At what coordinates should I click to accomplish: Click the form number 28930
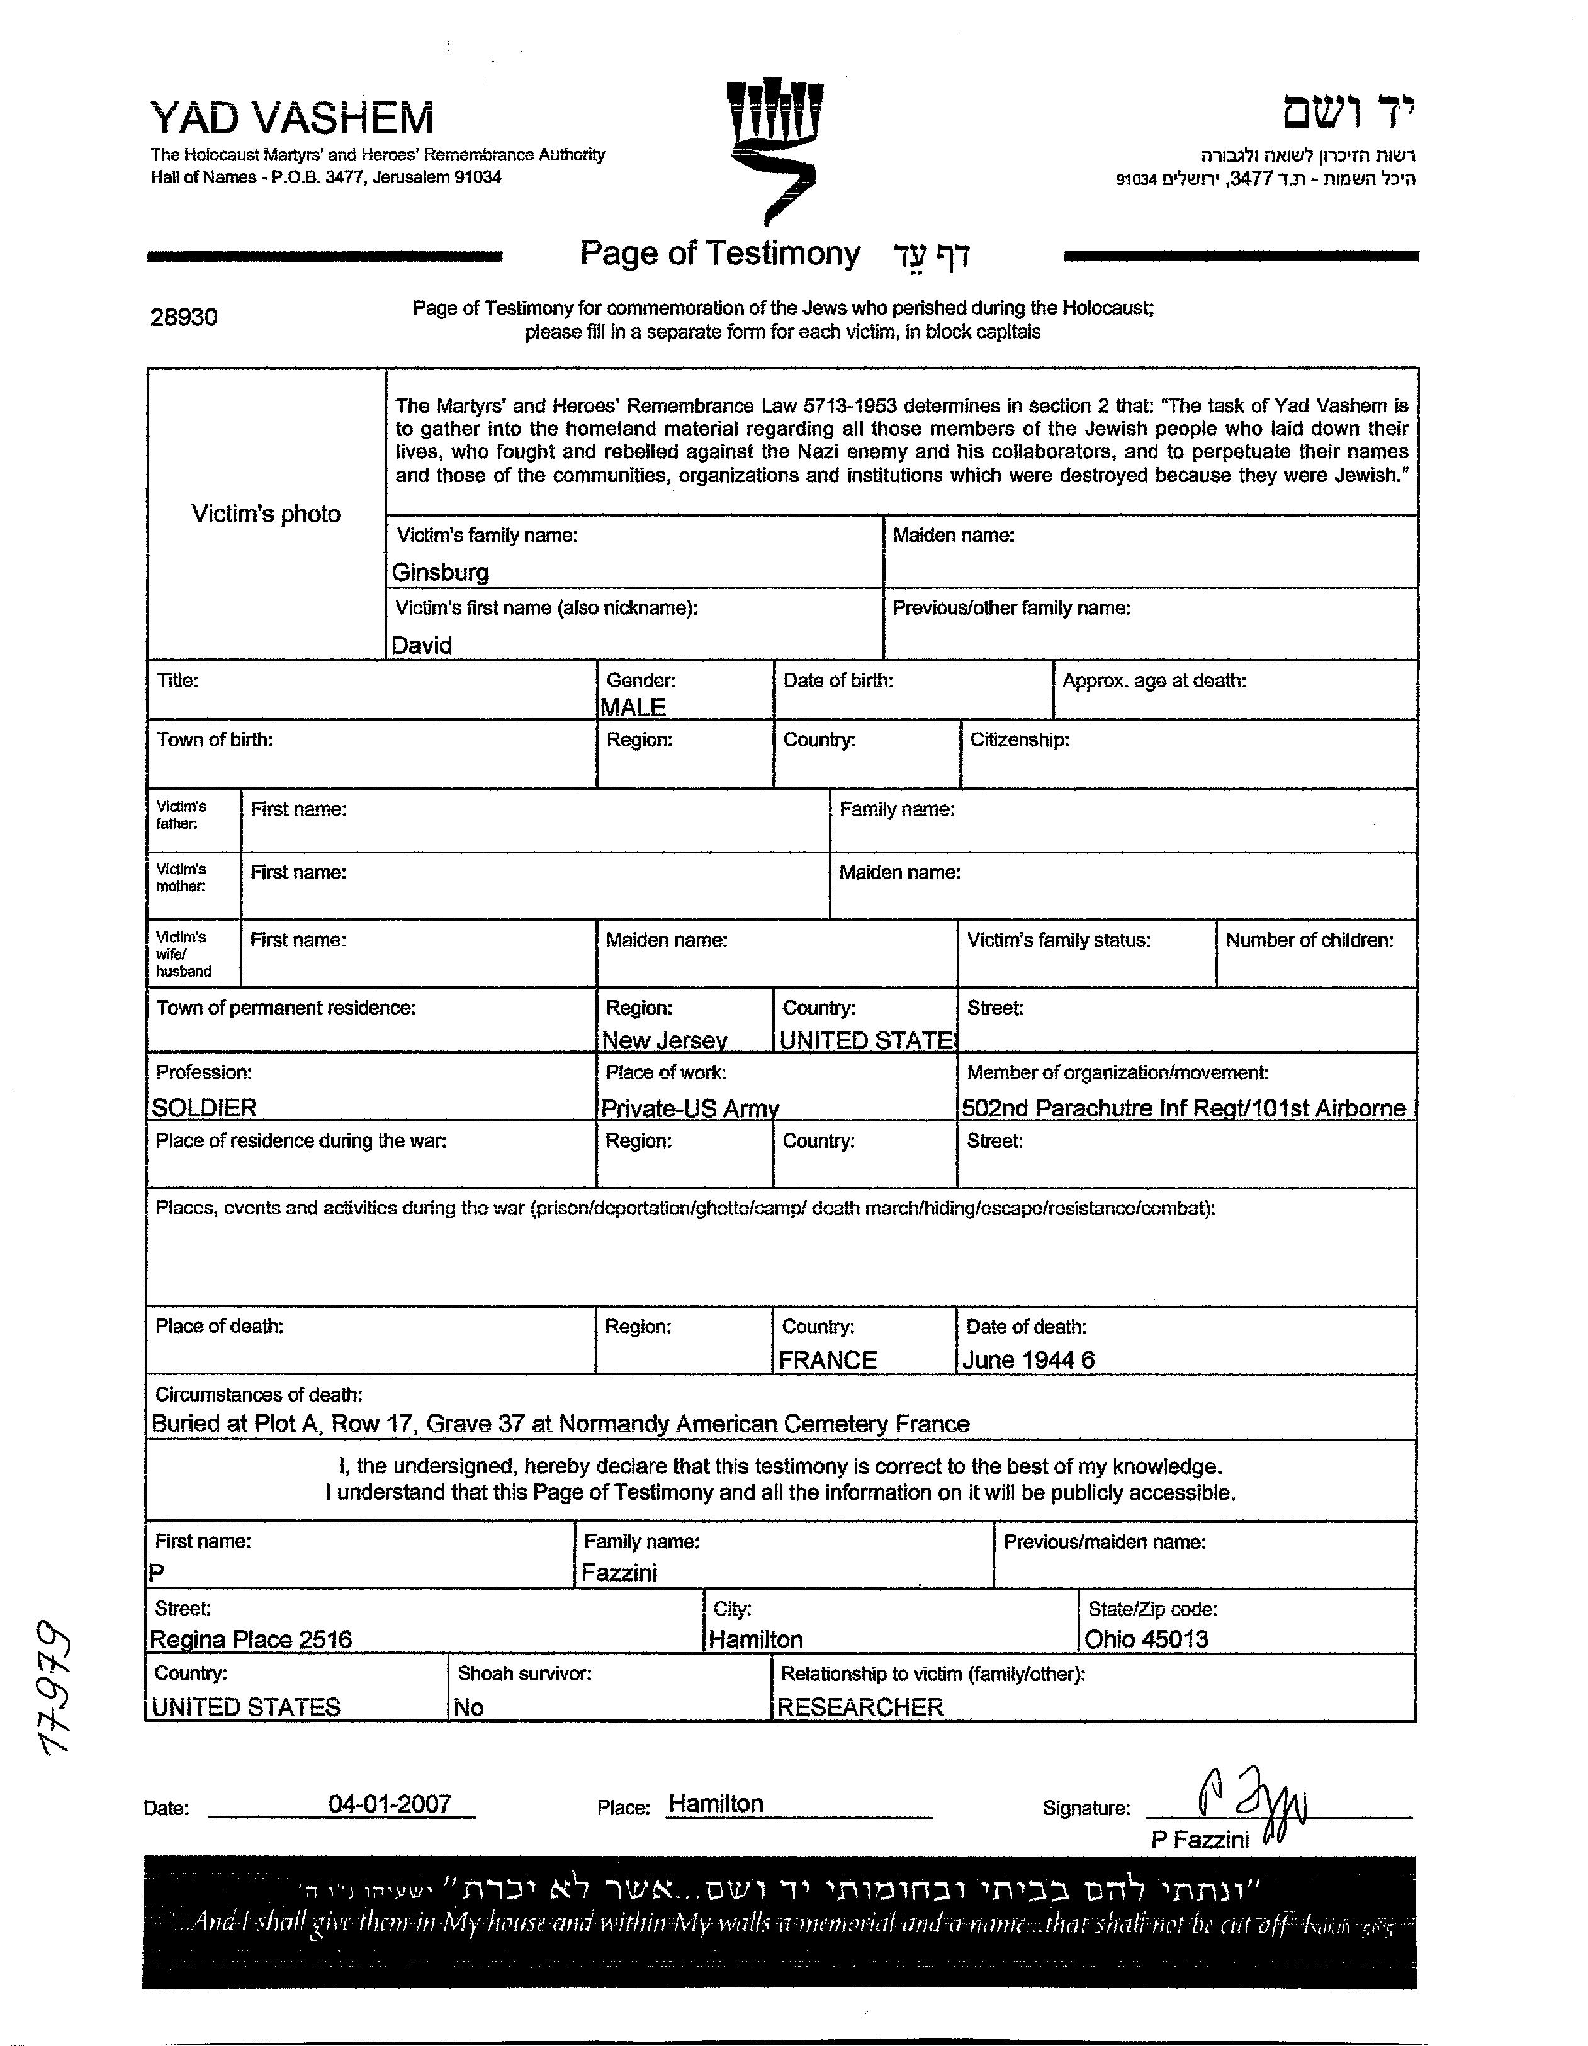[184, 318]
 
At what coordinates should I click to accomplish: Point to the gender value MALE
[633, 707]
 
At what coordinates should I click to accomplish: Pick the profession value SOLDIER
[203, 1108]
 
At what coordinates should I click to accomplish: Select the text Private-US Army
[690, 1109]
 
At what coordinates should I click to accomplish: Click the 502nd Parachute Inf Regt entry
[1183, 1108]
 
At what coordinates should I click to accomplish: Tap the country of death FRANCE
[827, 1360]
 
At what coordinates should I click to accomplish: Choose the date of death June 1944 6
[1028, 1360]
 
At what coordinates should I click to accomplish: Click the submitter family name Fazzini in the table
[619, 1573]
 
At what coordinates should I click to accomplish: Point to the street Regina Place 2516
[251, 1639]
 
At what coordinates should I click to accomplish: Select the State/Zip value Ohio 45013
[1146, 1639]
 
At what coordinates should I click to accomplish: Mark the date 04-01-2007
[390, 1804]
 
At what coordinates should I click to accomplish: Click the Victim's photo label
[266, 514]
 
